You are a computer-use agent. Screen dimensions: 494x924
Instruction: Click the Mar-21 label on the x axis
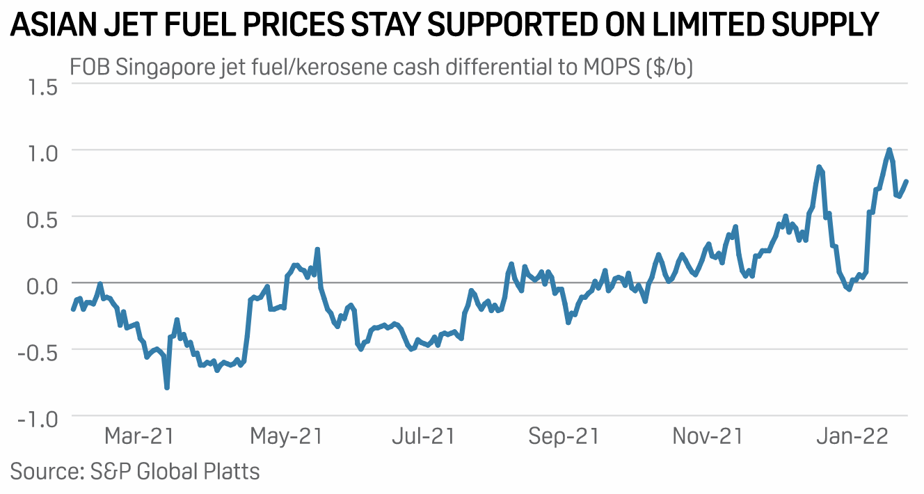click(138, 437)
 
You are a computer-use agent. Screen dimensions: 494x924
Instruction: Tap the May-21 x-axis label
click(286, 437)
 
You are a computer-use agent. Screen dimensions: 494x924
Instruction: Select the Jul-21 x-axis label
click(423, 437)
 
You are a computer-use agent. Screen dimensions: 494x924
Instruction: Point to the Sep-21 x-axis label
click(564, 437)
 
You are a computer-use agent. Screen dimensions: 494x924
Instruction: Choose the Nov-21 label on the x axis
click(708, 437)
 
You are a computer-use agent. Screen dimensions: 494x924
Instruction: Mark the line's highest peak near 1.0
click(889, 150)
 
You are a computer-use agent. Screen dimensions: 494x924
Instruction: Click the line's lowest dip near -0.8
click(167, 387)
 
